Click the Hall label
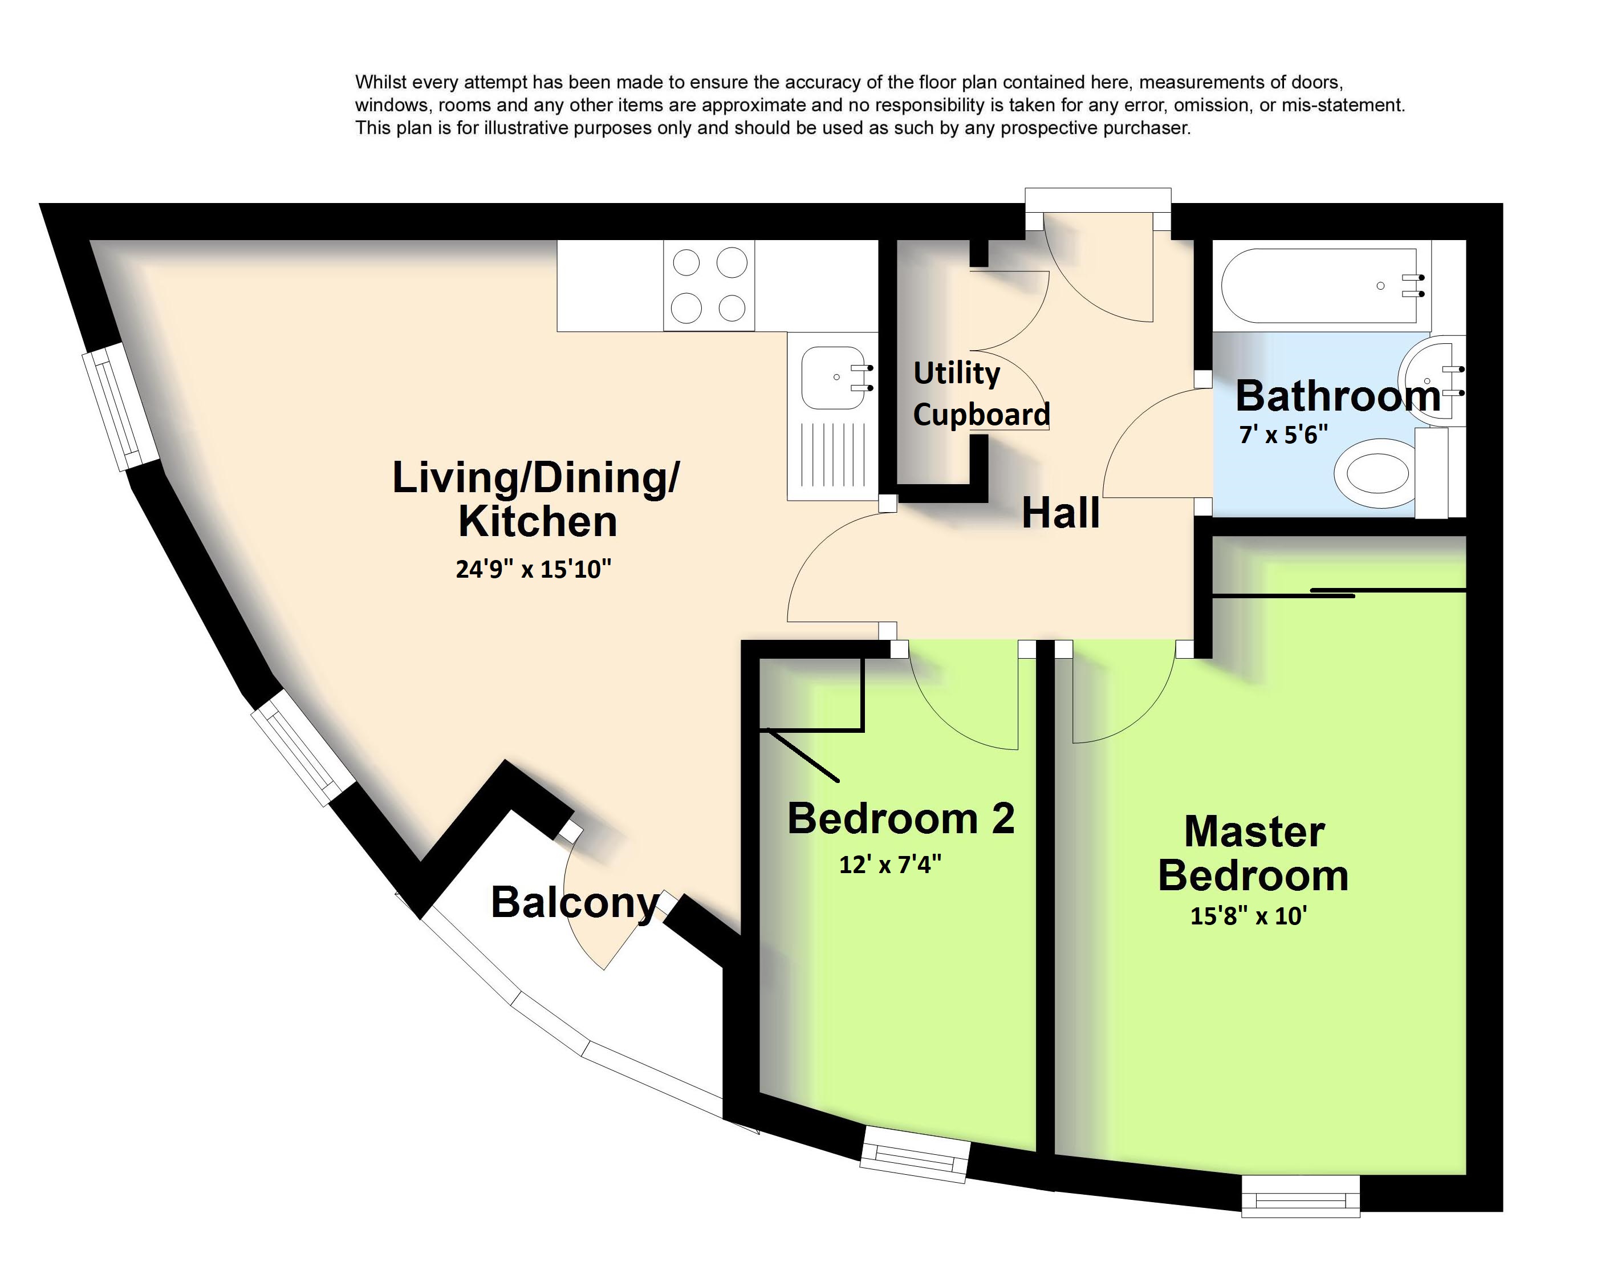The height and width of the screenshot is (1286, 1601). point(1060,513)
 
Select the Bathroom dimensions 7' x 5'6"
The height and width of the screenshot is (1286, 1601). point(1283,434)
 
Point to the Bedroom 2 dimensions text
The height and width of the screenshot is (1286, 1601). point(891,864)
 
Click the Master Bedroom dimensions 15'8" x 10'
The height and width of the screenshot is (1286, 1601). point(1249,916)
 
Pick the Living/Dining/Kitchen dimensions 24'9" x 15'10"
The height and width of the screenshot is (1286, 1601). point(533,569)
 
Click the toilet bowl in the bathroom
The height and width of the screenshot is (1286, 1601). point(1372,473)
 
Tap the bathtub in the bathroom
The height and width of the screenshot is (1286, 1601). point(1319,286)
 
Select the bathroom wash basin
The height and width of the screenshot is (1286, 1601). point(1430,381)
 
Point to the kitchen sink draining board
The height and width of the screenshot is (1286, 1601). point(833,455)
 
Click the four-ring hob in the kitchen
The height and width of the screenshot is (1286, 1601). point(709,285)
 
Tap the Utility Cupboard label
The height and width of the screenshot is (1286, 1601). point(981,393)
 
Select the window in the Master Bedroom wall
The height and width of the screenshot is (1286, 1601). point(1301,1195)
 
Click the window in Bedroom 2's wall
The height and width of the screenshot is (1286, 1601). point(916,1154)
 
